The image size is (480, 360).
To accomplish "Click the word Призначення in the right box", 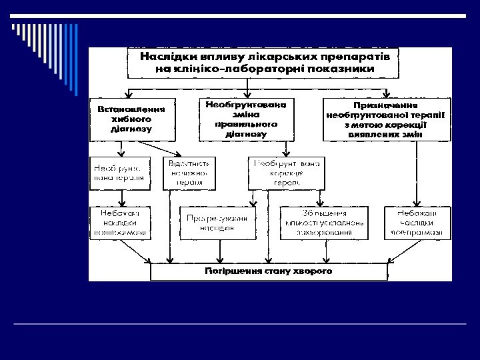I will point(387,105).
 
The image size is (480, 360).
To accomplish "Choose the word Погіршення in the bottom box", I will point(233,272).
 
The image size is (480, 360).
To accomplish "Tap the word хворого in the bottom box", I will point(311,272).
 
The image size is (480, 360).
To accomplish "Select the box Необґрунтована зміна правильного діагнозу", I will point(246,119).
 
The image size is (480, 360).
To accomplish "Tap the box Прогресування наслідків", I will point(217,223).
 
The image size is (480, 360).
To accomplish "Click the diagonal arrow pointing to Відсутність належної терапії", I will point(159,148).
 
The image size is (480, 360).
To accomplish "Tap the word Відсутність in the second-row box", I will point(189,163).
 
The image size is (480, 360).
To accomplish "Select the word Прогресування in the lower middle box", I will point(217,218).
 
